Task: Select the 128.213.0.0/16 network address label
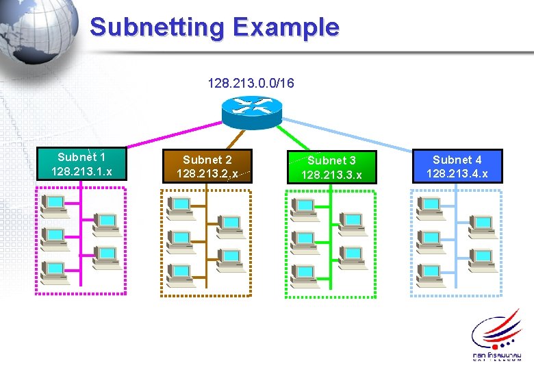(251, 84)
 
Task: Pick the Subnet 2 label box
(207, 166)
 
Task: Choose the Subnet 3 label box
(331, 167)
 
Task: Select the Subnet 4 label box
(457, 166)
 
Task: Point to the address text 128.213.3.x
(331, 175)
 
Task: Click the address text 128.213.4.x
(457, 173)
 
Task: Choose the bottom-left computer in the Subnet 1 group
(53, 273)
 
